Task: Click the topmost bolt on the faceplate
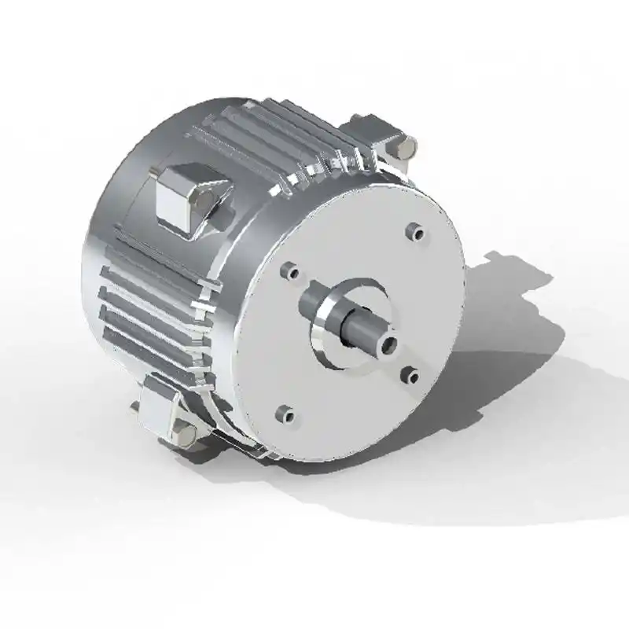[x=410, y=231]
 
